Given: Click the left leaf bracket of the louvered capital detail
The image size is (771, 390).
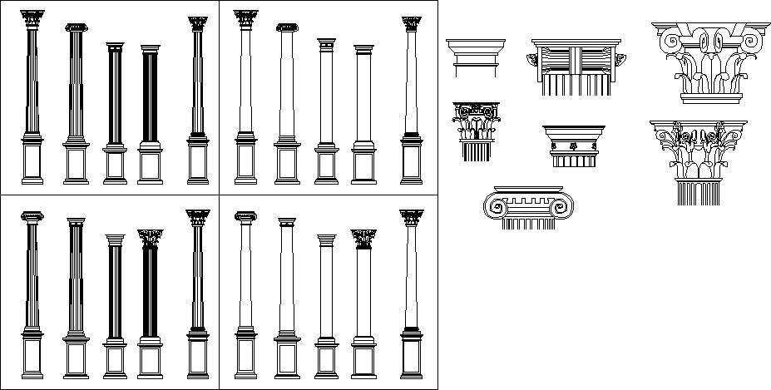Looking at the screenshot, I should tap(533, 59).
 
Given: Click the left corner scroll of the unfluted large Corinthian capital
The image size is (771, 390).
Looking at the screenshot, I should tap(668, 38).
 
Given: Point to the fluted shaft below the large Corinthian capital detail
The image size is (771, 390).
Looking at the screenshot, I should tap(698, 192).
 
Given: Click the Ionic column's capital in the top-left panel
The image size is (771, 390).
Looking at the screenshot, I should tap(76, 28).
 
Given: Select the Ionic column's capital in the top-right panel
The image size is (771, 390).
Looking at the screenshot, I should tap(287, 28).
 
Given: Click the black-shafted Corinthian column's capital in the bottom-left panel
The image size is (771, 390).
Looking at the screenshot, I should tap(150, 239).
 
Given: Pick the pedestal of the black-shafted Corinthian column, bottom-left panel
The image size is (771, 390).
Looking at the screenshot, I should tap(150, 356).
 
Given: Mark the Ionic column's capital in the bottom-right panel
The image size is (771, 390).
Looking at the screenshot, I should tap(245, 216).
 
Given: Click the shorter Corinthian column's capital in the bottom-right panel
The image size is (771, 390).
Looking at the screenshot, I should tap(363, 239).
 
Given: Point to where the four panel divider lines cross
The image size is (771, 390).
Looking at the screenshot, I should tap(219, 195).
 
